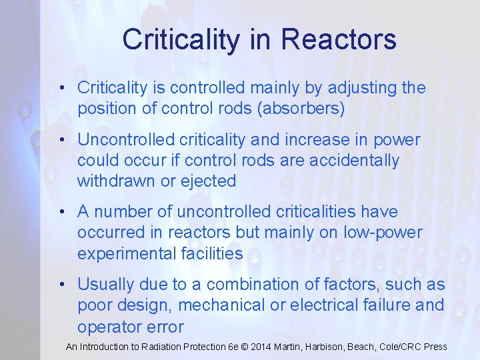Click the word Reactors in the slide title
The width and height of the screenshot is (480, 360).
coord(339,39)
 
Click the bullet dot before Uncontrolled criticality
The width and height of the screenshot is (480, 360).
coord(61,141)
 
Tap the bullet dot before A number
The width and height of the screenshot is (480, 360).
coord(61,213)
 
